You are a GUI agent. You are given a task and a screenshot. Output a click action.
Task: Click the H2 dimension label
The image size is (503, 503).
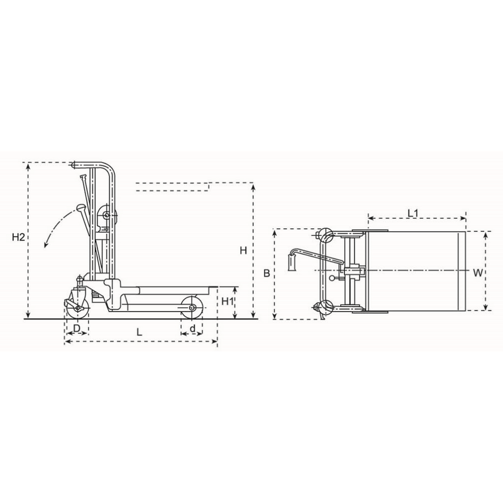pos(18,237)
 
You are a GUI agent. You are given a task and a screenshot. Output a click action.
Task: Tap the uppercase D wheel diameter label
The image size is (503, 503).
pos(76,329)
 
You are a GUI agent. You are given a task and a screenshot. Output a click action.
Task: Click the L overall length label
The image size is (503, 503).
pos(140,331)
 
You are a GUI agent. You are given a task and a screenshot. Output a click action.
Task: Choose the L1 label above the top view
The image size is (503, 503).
pos(414,213)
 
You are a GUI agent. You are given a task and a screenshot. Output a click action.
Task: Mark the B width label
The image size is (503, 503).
pos(267,274)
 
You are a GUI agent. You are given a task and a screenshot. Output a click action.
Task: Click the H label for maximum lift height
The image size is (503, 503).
pos(243,251)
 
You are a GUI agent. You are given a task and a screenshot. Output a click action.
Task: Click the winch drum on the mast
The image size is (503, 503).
pos(106,217)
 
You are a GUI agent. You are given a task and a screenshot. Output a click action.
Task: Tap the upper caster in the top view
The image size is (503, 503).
pos(325,236)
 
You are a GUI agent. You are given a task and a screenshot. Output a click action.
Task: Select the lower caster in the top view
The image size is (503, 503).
pos(325,307)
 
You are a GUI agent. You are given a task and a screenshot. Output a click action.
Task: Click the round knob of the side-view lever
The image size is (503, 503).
pos(82,207)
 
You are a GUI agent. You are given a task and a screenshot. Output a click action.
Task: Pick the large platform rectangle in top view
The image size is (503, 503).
pos(415,272)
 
